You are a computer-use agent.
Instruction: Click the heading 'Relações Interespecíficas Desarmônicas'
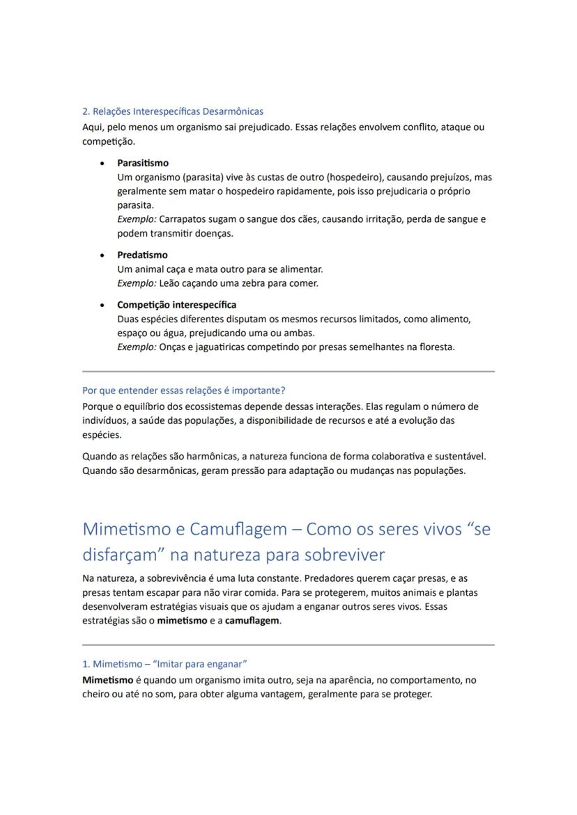click(x=178, y=111)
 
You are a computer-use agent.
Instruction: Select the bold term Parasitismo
click(x=142, y=163)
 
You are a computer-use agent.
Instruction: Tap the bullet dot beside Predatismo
click(x=102, y=255)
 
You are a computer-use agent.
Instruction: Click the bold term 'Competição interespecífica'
click(x=176, y=305)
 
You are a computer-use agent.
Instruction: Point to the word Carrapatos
click(x=183, y=219)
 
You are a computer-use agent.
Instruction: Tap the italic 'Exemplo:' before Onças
click(x=136, y=347)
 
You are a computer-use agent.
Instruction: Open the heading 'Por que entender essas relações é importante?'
click(x=184, y=390)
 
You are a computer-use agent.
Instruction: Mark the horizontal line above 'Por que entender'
click(x=288, y=372)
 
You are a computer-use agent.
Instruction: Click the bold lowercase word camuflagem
click(x=252, y=621)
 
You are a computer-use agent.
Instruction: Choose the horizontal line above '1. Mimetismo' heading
click(x=288, y=645)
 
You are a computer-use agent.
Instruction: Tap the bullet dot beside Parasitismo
click(x=102, y=164)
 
